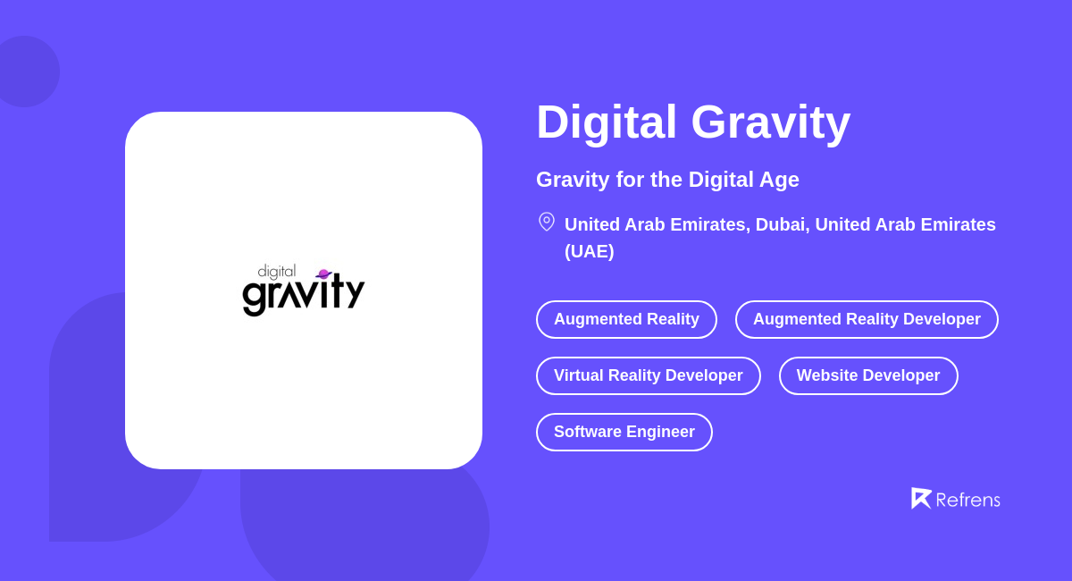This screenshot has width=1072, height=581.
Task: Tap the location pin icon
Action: tap(547, 222)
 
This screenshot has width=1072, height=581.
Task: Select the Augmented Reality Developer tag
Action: tap(867, 319)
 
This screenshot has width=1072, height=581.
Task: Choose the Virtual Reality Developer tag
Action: tap(648, 375)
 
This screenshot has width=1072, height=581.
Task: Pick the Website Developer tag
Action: tap(868, 375)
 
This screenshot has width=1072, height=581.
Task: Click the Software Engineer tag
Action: tap(624, 432)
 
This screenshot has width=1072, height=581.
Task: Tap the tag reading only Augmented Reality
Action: tap(626, 319)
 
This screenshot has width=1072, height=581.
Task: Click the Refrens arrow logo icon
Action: tap(921, 498)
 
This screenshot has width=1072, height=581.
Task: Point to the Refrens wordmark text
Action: tap(968, 500)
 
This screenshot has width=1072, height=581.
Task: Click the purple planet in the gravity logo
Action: tap(323, 274)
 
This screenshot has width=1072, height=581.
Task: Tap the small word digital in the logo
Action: tap(276, 271)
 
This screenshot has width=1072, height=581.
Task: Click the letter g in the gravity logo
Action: tap(255, 296)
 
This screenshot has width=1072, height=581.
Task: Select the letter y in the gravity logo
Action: tap(355, 293)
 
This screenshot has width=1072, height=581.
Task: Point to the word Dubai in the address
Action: tap(783, 224)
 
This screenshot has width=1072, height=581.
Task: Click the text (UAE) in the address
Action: tap(590, 251)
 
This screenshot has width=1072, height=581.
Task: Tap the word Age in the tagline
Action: tap(780, 180)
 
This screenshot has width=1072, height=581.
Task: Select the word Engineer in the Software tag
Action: tap(659, 432)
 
